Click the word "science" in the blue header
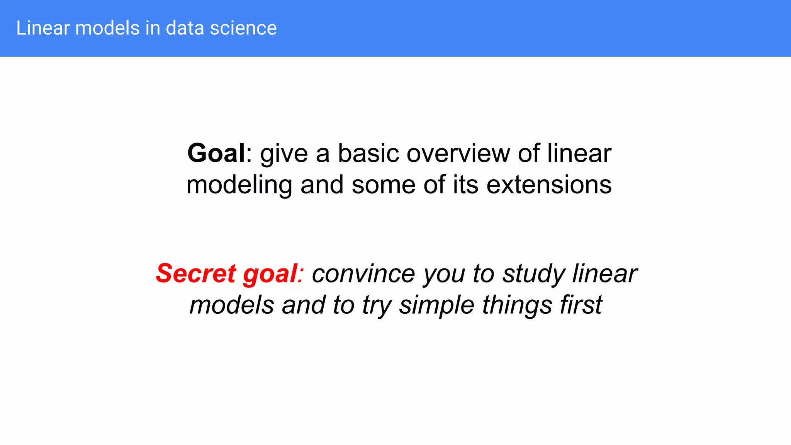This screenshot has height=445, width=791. [x=243, y=28]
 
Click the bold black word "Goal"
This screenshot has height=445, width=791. [x=216, y=153]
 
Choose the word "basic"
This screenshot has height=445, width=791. [x=368, y=153]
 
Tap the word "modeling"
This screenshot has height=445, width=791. [x=239, y=185]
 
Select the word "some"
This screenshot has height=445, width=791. [x=383, y=185]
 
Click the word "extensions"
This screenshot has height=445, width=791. [x=549, y=185]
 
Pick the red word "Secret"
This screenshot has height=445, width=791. [x=195, y=273]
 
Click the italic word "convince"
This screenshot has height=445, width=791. [x=363, y=273]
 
